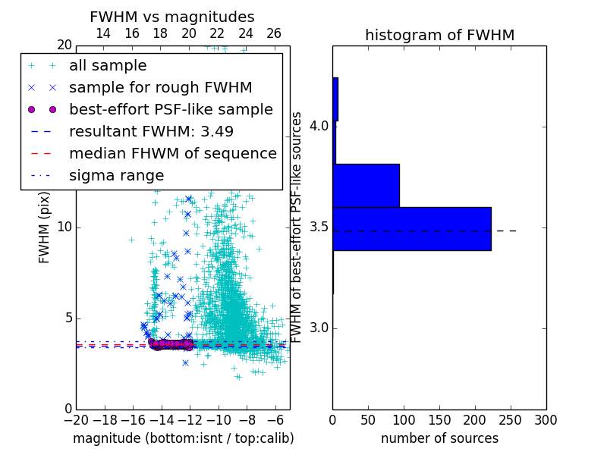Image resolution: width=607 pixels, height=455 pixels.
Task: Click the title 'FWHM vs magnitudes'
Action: click(172, 17)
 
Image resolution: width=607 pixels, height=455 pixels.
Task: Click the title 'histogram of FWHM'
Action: click(439, 36)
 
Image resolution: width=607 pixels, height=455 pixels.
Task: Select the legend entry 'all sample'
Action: click(108, 66)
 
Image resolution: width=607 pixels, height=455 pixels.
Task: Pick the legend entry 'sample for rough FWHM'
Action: click(161, 87)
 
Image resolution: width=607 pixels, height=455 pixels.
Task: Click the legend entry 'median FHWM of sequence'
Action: click(172, 153)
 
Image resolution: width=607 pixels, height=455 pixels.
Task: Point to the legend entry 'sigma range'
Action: click(116, 176)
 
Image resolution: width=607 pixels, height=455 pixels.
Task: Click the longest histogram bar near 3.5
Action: click(412, 228)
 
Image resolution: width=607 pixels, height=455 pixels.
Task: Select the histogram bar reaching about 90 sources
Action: click(366, 185)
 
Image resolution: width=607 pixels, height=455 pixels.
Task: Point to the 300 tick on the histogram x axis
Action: click(546, 419)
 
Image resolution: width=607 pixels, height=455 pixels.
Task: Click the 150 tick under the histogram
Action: click(439, 419)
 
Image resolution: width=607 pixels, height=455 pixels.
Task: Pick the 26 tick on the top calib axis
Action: click(274, 34)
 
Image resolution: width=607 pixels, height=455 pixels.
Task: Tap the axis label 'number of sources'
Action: click(439, 438)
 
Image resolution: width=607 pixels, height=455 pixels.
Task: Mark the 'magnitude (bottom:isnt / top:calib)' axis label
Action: click(183, 438)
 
